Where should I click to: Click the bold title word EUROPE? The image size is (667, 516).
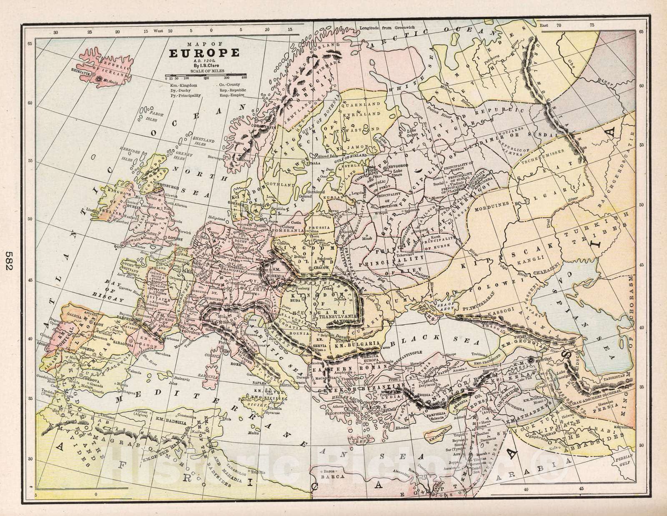tap(204, 53)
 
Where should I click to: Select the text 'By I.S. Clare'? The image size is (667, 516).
tap(204, 65)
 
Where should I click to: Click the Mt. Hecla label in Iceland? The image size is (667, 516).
tap(110, 82)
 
